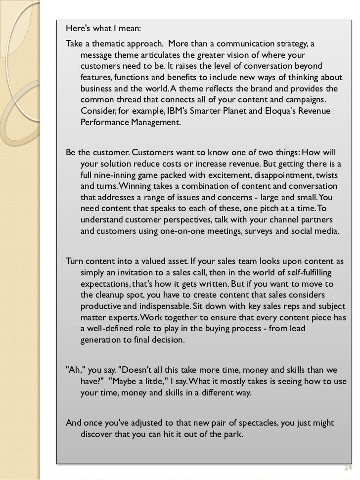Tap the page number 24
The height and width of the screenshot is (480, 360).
347,468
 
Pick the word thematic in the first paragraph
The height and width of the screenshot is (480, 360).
111,44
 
